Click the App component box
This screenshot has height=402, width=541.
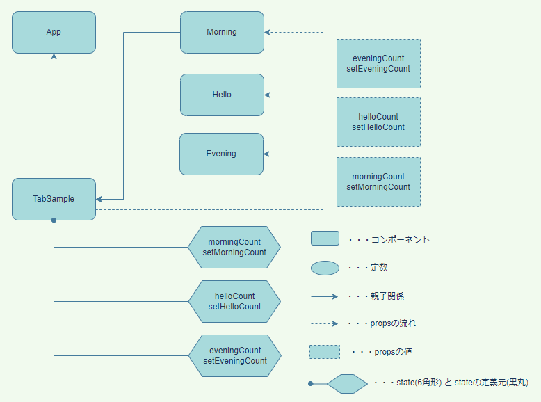(54, 32)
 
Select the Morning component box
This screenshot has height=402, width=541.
(222, 32)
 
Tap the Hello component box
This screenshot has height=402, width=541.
(222, 95)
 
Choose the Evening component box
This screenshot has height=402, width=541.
(221, 154)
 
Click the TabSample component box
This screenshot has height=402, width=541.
(54, 199)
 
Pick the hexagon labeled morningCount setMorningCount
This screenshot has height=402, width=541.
(234, 247)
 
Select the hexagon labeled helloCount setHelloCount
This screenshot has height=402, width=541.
(234, 301)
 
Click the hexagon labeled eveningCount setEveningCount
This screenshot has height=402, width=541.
(234, 355)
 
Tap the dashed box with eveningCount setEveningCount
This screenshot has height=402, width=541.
(378, 63)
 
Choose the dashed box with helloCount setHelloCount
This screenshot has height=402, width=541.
(378, 122)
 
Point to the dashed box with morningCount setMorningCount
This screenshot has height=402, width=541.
(378, 182)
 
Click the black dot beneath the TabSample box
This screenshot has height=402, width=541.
(54, 220)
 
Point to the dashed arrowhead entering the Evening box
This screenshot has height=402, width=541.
(268, 154)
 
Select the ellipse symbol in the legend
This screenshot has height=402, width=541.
(325, 268)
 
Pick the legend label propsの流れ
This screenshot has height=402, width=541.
(389, 323)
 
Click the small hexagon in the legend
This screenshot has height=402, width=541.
(346, 383)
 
